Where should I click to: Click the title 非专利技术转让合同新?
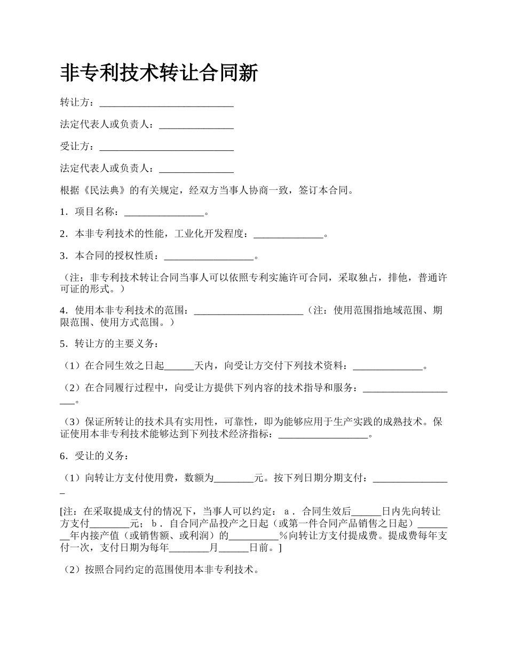pos(159,73)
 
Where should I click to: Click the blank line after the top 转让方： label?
pos(167,102)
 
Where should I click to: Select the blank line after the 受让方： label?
pos(167,146)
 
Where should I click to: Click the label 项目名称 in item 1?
pos(94,212)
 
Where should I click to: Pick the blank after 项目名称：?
pos(164,212)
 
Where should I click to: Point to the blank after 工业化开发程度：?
pos(288,234)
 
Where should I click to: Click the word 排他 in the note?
pos(394,278)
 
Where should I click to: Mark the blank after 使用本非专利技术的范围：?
pos(248,310)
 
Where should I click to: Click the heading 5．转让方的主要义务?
pos(109,343)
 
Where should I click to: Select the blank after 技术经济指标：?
pos(323,435)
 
